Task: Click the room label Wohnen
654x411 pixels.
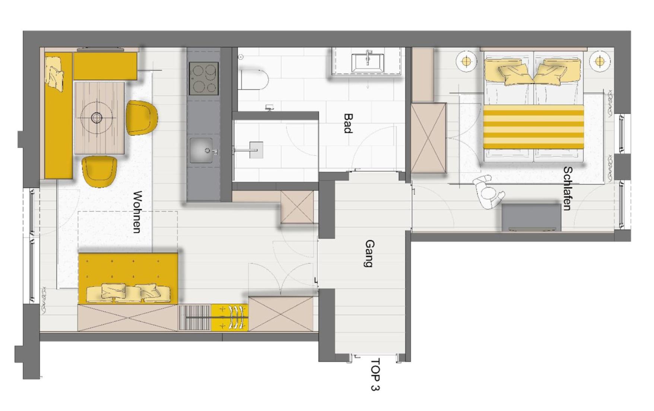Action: point(137,212)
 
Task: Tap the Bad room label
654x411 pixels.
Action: point(348,123)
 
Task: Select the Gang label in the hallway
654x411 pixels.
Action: point(369,254)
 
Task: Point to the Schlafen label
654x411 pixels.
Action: point(567,188)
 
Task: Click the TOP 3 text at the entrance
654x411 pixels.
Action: point(375,374)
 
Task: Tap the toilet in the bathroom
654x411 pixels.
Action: point(254,79)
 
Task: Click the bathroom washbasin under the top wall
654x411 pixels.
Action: point(368,62)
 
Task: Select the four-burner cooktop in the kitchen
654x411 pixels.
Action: point(204,78)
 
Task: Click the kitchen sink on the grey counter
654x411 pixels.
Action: point(201,151)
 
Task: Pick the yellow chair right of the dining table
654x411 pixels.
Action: point(142,117)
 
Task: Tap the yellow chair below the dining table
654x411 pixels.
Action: point(99,171)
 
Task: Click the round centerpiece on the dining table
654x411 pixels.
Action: point(97,118)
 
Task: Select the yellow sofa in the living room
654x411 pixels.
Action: point(128,278)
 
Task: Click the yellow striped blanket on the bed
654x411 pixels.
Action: point(533,127)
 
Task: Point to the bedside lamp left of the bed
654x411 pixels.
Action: point(466,61)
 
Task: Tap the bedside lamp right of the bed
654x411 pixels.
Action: point(599,61)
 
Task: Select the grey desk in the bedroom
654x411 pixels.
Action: point(531,218)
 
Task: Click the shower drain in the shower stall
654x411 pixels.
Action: point(256,150)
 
